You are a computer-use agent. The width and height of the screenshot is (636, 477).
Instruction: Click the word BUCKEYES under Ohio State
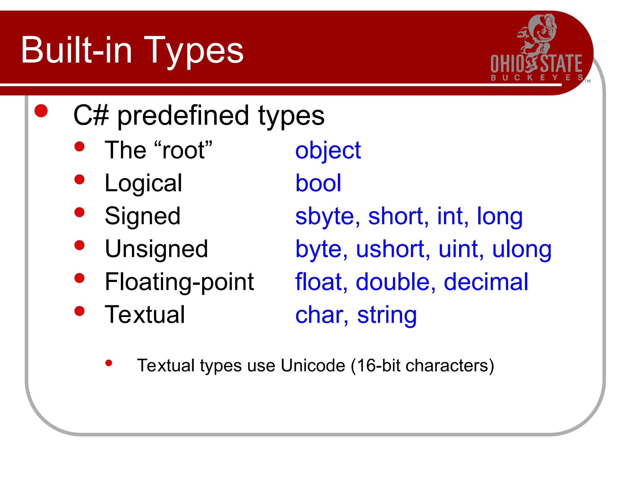click(x=537, y=77)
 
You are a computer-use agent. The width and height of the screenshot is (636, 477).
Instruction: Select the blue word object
click(x=328, y=151)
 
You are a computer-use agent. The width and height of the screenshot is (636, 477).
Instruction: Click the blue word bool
click(x=318, y=183)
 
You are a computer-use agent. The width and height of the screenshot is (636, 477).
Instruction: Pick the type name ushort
click(x=390, y=249)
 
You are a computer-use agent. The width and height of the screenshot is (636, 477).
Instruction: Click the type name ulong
click(x=522, y=250)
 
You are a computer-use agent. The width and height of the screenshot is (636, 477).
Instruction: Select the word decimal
click(x=486, y=282)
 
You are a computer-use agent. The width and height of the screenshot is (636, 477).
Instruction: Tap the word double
click(x=393, y=282)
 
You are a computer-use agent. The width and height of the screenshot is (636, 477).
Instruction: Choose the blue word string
click(x=387, y=316)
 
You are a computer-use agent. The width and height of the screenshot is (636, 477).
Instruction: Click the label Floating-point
click(x=179, y=282)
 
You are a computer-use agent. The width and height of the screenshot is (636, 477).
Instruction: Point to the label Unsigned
click(x=156, y=249)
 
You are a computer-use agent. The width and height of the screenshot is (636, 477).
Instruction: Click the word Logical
click(x=143, y=184)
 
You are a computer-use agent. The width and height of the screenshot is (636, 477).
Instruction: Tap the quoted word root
click(x=183, y=151)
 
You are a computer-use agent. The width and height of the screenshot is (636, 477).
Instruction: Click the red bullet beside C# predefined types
click(x=41, y=111)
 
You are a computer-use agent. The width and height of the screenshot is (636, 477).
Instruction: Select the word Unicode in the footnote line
click(x=313, y=366)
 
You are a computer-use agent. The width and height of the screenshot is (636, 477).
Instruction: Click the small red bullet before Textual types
click(x=109, y=363)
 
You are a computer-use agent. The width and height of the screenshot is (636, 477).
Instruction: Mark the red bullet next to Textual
click(x=79, y=311)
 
